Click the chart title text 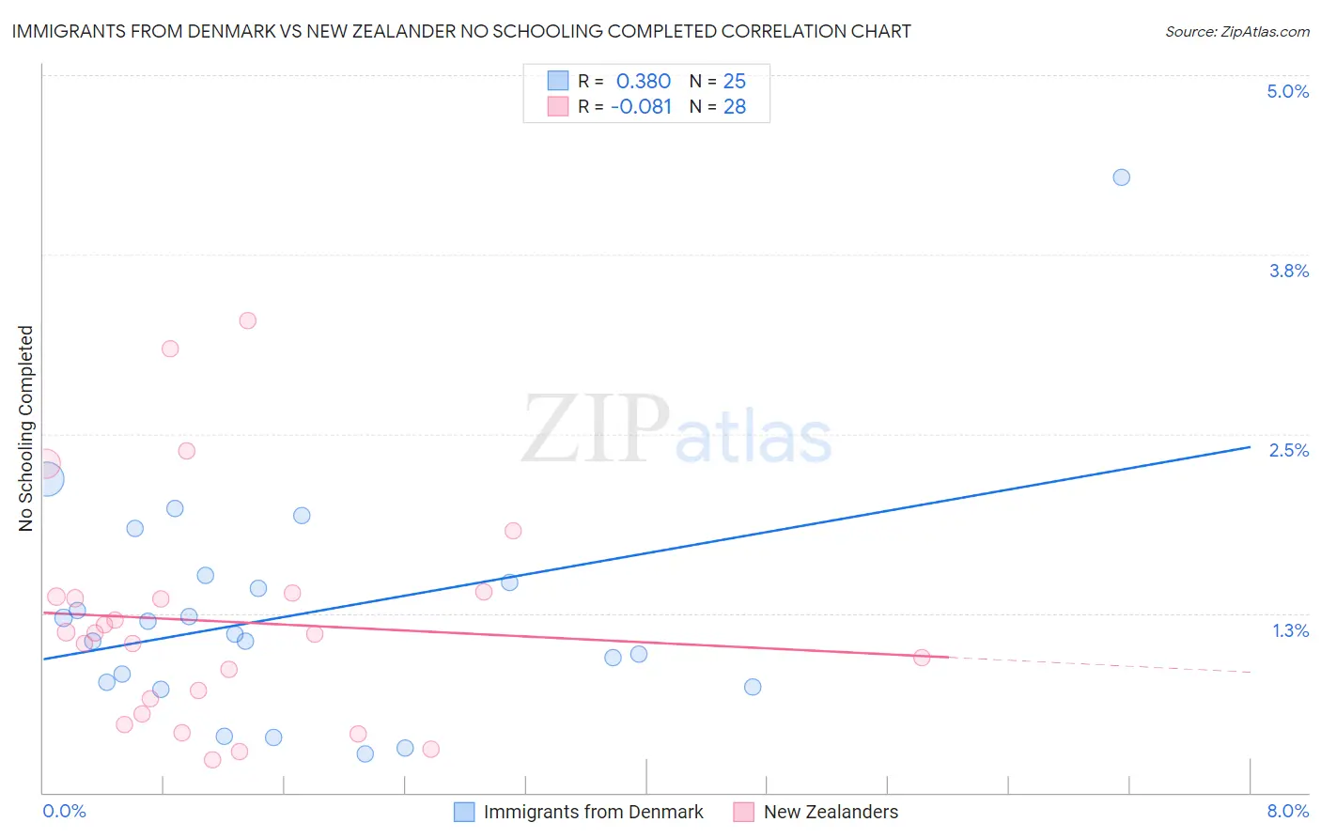point(461,31)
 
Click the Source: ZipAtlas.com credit point(1236,31)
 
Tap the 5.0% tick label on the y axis point(1287,91)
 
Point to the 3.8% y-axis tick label point(1288,271)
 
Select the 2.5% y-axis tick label point(1288,450)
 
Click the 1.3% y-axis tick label point(1290,630)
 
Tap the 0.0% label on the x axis point(65,811)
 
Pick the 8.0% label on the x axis point(1287,811)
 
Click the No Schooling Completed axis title point(26,428)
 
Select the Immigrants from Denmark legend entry point(592,812)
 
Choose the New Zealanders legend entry point(831,812)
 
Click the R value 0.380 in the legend point(644,82)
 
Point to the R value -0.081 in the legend point(641,107)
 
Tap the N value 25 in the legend point(734,82)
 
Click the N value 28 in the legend point(734,107)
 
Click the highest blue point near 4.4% point(1121,178)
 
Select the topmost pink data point point(248,320)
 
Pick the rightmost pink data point point(922,658)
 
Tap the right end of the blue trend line point(1250,447)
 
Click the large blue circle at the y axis point(47,479)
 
